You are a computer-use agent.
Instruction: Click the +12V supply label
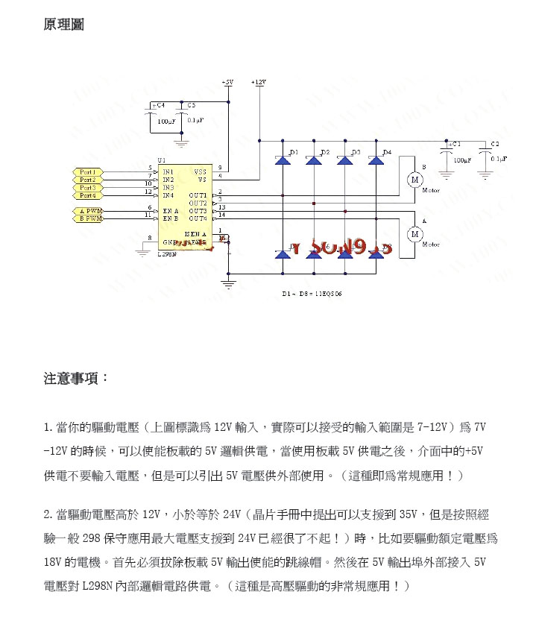(259, 81)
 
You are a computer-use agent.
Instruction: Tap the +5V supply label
(227, 81)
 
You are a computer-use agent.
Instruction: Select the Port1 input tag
(88, 172)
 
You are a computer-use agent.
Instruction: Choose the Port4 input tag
(88, 195)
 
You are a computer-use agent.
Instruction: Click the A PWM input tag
(89, 211)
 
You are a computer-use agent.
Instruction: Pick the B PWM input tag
(89, 218)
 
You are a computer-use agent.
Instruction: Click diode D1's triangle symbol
(283, 160)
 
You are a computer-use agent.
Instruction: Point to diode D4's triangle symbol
(377, 160)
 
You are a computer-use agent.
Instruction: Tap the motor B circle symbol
(414, 179)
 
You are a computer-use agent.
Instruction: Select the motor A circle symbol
(414, 234)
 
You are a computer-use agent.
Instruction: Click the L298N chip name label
(166, 254)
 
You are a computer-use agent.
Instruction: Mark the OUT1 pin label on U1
(198, 195)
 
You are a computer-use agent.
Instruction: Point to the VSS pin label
(201, 171)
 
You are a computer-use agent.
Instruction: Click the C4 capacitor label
(160, 106)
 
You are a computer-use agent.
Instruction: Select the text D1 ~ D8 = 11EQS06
(312, 294)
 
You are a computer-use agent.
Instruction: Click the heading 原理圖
(64, 25)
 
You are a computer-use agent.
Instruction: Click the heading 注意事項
(76, 378)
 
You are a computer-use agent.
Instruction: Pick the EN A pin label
(170, 211)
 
